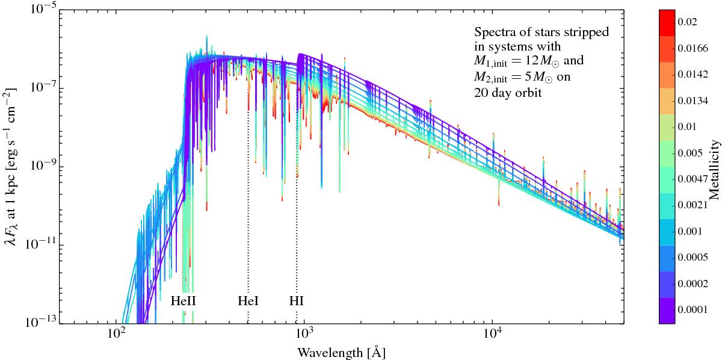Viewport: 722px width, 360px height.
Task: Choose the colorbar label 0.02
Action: pos(690,22)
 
